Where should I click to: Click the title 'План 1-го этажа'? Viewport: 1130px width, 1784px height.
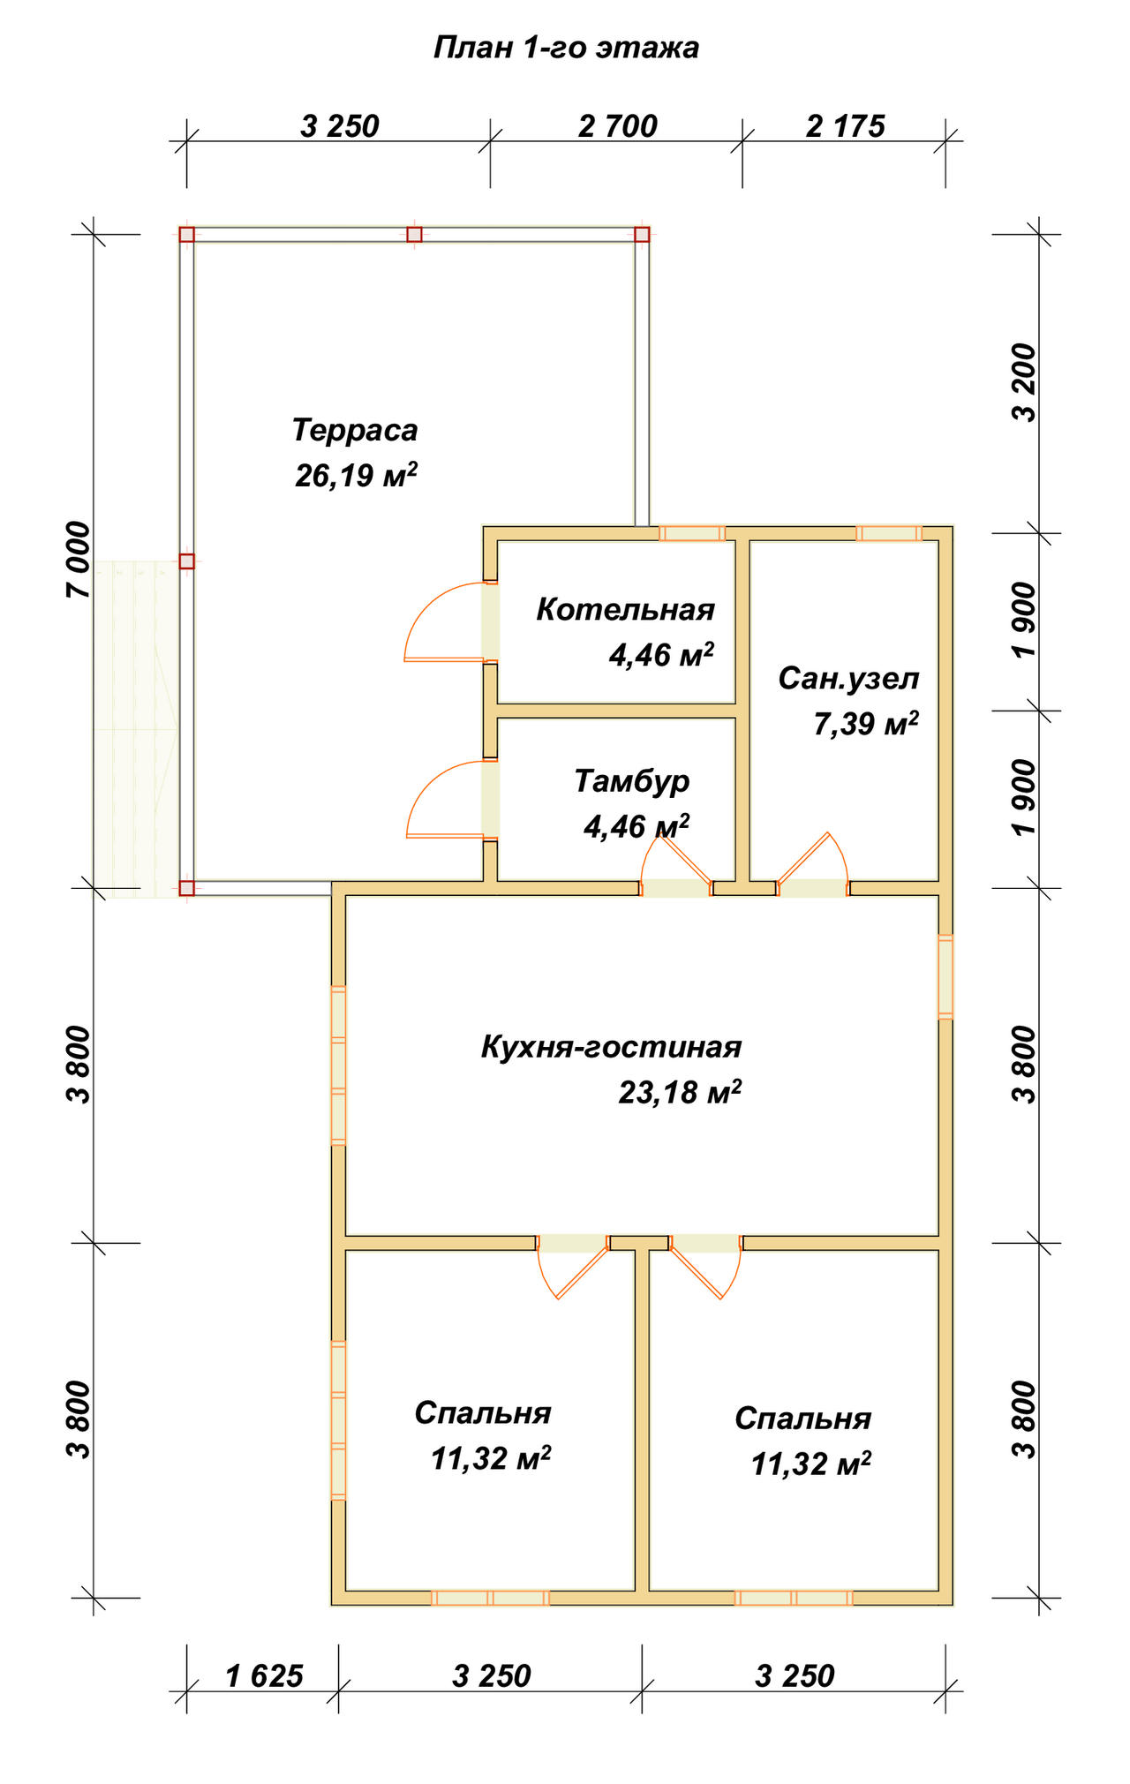coord(566,47)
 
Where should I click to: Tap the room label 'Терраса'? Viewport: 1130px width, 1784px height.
coord(355,430)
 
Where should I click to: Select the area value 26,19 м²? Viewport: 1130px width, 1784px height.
coord(356,475)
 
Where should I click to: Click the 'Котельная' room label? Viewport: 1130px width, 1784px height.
coord(625,609)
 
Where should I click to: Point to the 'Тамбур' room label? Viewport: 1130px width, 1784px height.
coord(632,781)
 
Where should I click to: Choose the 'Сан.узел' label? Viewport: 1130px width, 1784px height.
coord(848,678)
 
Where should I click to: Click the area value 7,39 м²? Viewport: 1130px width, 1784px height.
coord(866,724)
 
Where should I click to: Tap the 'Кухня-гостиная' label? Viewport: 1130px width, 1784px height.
coord(611,1047)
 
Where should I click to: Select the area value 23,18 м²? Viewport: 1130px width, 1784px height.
coord(680,1092)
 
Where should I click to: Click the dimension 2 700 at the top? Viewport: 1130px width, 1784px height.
coord(618,126)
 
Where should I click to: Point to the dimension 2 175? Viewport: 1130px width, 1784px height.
coord(845,126)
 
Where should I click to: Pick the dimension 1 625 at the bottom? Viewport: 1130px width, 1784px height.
coord(264,1675)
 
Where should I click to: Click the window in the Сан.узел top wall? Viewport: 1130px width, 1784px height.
coord(889,533)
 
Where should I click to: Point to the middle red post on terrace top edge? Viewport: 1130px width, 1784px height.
coord(414,235)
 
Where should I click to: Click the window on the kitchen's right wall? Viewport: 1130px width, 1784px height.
coord(945,977)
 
